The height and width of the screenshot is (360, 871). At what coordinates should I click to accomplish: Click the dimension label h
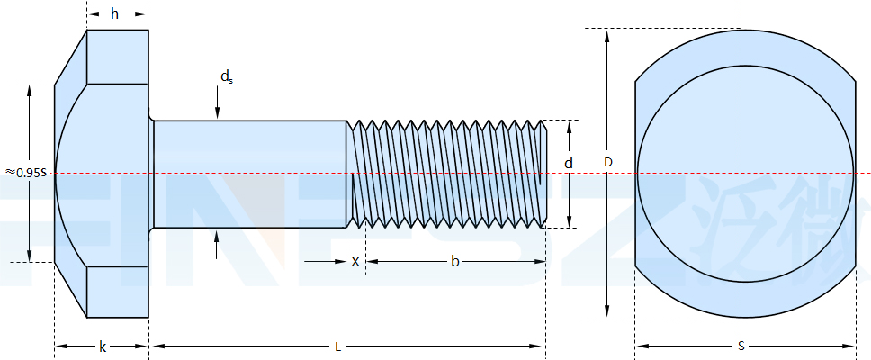[114, 13]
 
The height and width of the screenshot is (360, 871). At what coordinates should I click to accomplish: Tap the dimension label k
[102, 346]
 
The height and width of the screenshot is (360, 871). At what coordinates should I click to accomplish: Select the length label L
[337, 346]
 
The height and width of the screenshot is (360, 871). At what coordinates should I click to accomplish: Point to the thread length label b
[454, 261]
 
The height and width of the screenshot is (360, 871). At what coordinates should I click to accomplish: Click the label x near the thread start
[355, 261]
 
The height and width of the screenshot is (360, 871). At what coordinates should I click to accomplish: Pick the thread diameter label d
[568, 163]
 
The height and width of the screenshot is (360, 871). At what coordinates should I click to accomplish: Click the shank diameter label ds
[226, 78]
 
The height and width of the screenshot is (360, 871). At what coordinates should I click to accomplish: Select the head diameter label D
[608, 163]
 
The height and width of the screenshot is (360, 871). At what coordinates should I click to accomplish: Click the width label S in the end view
[741, 346]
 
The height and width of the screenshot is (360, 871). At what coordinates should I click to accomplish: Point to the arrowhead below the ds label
[217, 113]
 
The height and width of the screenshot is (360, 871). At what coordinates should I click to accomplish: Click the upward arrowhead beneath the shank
[217, 237]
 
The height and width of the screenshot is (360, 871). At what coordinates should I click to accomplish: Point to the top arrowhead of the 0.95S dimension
[30, 91]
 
